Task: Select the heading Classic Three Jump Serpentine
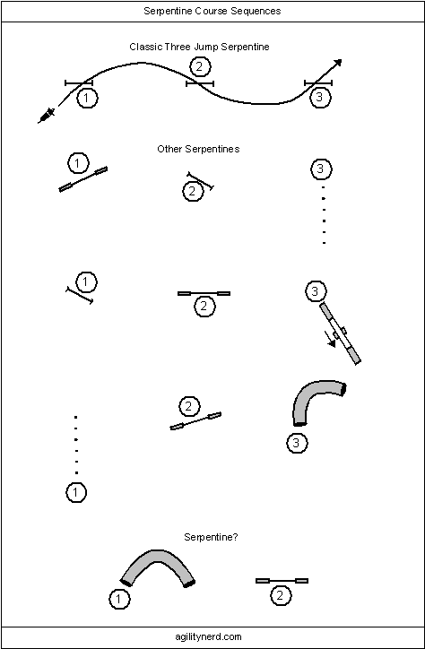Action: click(199, 47)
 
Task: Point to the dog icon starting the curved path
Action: click(47, 116)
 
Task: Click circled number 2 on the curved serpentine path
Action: click(200, 66)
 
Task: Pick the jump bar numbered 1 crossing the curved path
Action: click(79, 83)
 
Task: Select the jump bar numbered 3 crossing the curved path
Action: click(318, 83)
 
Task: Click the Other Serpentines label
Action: click(198, 149)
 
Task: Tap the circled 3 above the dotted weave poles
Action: click(321, 169)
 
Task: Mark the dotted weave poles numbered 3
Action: click(324, 215)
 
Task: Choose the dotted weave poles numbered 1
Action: click(75, 445)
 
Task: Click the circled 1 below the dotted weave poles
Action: click(76, 492)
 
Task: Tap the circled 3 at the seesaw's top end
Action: click(316, 291)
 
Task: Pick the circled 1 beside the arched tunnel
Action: click(119, 600)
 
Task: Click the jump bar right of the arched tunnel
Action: click(282, 581)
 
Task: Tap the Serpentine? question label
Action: click(211, 537)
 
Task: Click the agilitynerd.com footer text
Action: click(209, 636)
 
